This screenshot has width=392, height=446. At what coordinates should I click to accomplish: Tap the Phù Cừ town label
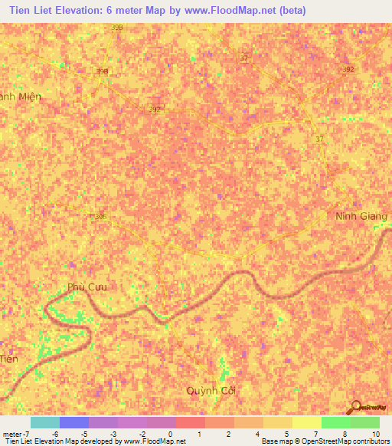[x=87, y=287]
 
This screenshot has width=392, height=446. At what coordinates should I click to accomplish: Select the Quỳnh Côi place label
[x=212, y=390]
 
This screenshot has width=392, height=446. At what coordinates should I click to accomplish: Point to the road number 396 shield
[x=101, y=217]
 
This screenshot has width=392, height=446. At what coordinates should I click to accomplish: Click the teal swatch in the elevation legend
[x=45, y=422]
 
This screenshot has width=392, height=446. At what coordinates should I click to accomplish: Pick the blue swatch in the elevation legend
[x=74, y=422]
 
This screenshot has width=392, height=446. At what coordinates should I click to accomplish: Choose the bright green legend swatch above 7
[x=335, y=422]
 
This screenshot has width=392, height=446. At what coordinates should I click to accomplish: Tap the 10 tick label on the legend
[x=375, y=435]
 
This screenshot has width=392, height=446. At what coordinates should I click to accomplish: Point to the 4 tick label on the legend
[x=258, y=435]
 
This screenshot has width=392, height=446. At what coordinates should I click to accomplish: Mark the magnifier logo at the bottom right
[x=357, y=407]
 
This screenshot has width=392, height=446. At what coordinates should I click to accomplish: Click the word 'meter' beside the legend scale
[x=11, y=435]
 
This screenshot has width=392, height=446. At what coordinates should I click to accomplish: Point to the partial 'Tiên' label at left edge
[x=8, y=359]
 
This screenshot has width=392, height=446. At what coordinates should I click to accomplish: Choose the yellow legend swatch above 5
[x=277, y=422]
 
